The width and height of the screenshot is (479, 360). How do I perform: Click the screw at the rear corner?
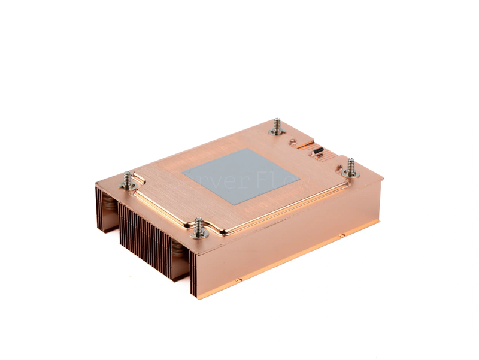click(x=277, y=126)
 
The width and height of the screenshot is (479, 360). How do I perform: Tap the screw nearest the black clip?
click(x=351, y=168)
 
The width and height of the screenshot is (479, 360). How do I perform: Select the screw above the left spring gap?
click(x=127, y=180)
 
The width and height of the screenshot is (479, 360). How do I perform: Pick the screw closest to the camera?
click(x=199, y=228)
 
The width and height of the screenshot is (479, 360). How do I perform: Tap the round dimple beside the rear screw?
click(x=292, y=142)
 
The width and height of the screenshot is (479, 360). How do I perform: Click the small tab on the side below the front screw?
click(x=238, y=279)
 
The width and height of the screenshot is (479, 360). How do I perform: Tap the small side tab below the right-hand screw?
click(x=341, y=235)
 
